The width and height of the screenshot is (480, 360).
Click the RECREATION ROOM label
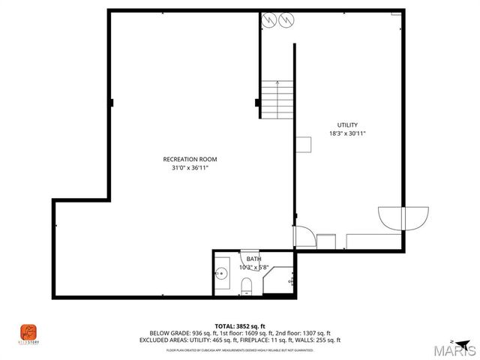[x=190, y=159]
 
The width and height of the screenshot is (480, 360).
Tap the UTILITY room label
[x=347, y=124]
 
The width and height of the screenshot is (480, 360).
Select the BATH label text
[x=254, y=259]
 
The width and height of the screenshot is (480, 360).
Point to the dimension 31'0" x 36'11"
[x=190, y=169]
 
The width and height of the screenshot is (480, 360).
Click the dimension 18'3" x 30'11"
[x=347, y=133]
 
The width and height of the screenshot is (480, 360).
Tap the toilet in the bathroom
[x=247, y=283]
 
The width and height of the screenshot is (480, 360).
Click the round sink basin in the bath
[x=222, y=274]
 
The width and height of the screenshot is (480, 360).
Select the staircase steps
[x=275, y=99]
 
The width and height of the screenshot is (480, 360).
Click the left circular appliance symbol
[x=268, y=20]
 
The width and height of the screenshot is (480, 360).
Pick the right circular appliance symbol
[x=283, y=20]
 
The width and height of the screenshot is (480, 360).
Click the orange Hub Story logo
[x=28, y=331]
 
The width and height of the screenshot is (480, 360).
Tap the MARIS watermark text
[x=456, y=350]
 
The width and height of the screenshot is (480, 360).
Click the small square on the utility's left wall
[x=303, y=144]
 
